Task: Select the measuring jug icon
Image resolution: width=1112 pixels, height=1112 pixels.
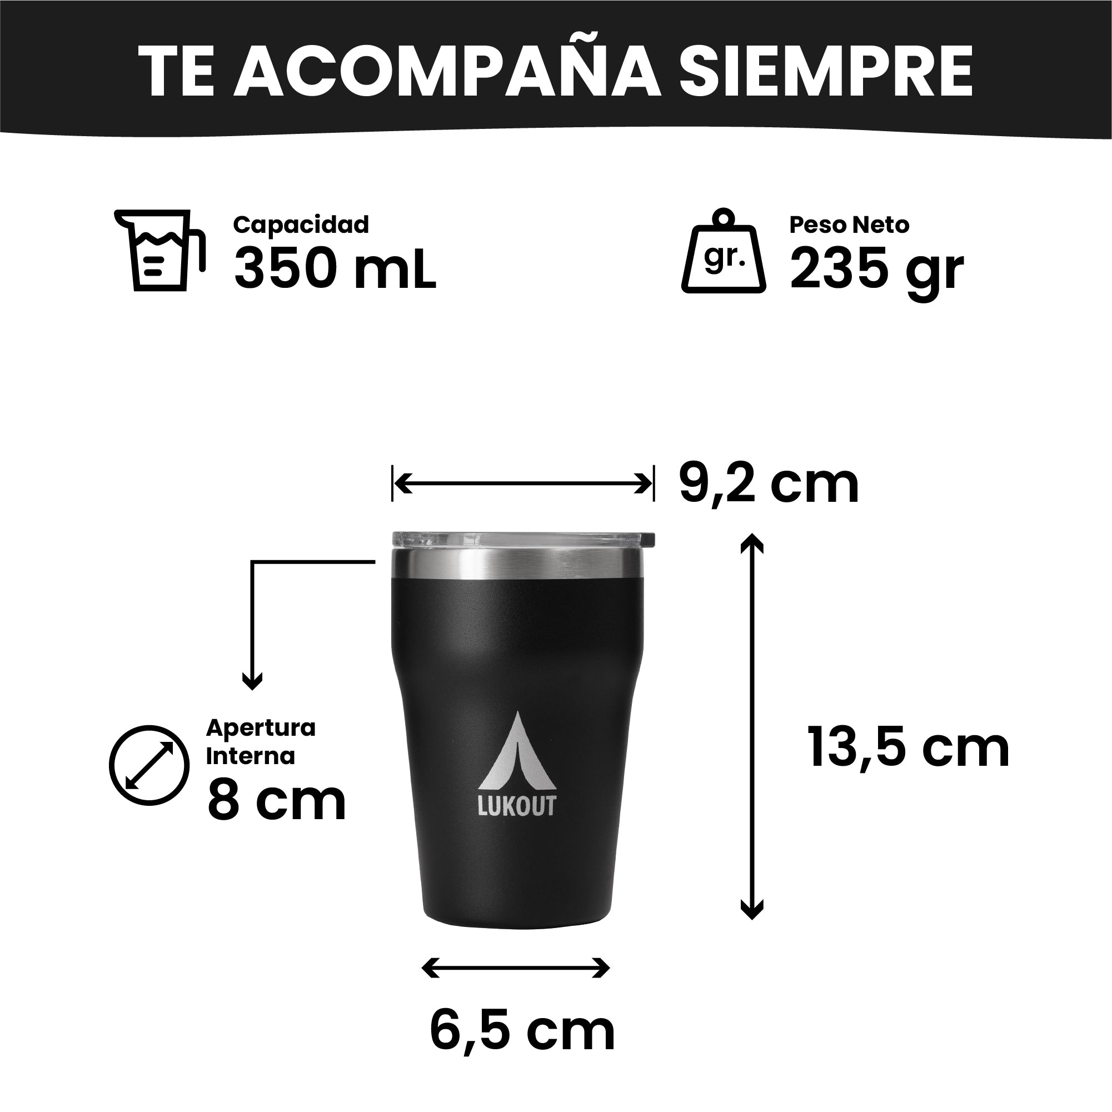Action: pos(160,250)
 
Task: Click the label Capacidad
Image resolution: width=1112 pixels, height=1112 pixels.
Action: pos(301,225)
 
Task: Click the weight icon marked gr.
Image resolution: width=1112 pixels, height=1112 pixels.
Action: pos(724,251)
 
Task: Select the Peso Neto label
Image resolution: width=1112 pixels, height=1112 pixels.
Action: pos(849,225)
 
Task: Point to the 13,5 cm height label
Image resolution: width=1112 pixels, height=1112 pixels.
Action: pos(908,747)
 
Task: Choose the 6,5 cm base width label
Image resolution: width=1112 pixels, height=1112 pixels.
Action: pos(522,1032)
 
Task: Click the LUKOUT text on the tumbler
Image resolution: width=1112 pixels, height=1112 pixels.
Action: pos(517,806)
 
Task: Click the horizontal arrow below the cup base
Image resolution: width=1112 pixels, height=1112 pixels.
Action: pos(516,968)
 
